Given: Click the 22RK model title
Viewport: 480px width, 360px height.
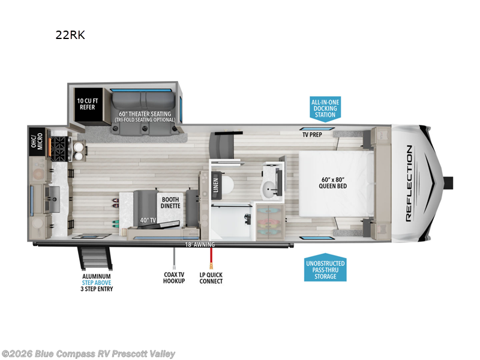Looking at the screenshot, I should click(x=70, y=35).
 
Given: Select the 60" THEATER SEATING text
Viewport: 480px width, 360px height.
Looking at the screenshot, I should click(x=144, y=114).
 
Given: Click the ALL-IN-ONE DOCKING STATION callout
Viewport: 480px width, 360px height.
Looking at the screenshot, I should click(x=325, y=108).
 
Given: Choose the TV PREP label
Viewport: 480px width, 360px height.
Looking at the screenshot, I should click(x=313, y=135).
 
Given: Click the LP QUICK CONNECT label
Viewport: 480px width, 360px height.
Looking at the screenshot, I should click(x=211, y=277).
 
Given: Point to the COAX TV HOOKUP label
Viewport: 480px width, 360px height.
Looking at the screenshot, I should click(x=174, y=277).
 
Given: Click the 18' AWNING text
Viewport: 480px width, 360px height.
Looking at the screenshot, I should click(x=200, y=245).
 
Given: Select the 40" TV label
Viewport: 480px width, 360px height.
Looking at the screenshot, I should click(x=148, y=221).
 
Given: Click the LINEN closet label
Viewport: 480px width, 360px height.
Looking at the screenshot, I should click(x=215, y=185).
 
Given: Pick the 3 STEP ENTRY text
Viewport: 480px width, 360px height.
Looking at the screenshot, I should click(x=97, y=289).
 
